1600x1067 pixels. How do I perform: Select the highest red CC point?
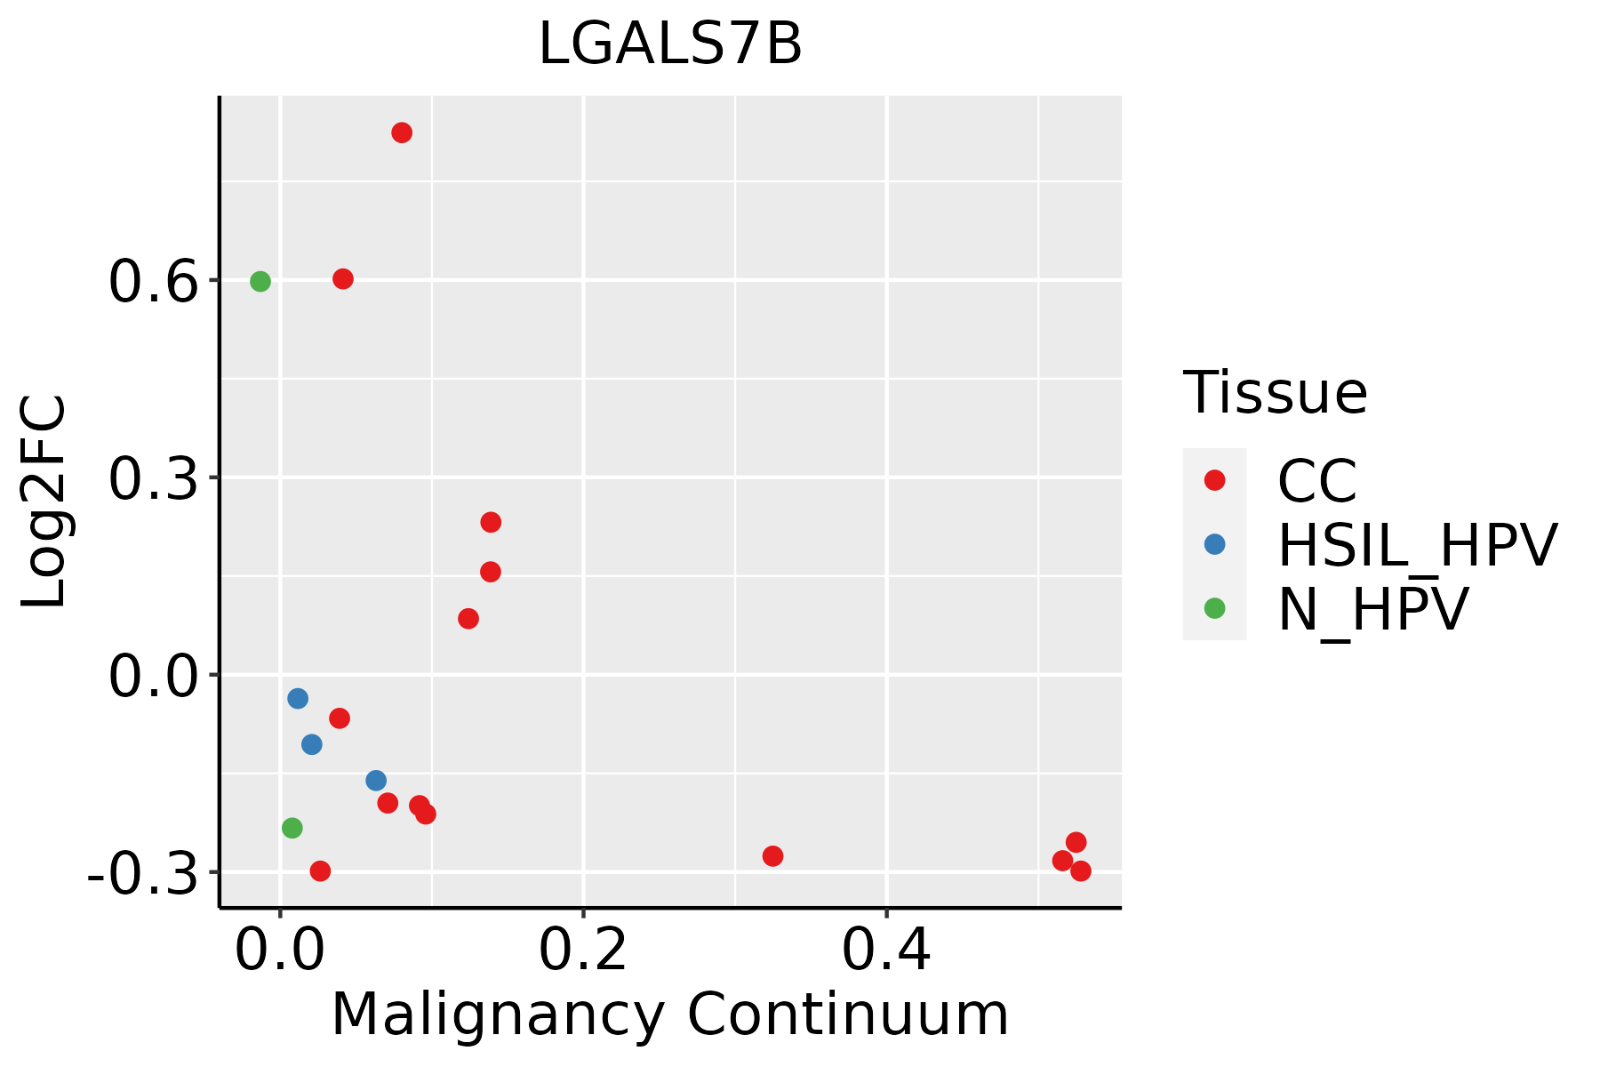(402, 133)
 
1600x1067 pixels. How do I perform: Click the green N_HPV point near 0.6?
(260, 282)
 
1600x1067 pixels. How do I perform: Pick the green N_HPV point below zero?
(292, 828)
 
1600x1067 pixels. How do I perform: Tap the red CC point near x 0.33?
(772, 856)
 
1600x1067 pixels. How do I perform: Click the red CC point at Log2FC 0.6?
(343, 279)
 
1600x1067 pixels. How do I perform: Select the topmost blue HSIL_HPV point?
(298, 699)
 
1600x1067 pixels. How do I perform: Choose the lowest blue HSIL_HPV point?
(376, 781)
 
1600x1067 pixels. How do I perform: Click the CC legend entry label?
(1316, 481)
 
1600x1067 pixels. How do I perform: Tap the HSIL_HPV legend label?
(1417, 545)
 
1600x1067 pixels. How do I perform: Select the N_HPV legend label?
(1372, 609)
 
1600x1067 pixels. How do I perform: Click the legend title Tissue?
(1275, 392)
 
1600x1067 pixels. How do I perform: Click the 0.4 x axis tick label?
(886, 951)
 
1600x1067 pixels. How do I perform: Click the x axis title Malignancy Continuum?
(670, 1015)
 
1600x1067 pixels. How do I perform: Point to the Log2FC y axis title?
(44, 501)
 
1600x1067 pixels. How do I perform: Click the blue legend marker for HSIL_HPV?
(1214, 544)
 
